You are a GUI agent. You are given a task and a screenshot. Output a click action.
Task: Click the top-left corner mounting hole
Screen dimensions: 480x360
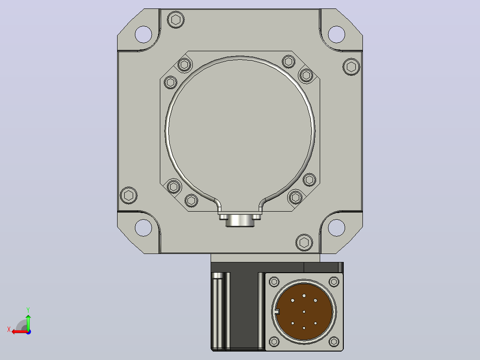click(x=143, y=34)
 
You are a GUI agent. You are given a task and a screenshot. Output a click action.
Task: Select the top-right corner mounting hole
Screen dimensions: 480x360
click(x=337, y=34)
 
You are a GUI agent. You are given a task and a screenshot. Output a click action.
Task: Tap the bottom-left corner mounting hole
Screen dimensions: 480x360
click(x=143, y=228)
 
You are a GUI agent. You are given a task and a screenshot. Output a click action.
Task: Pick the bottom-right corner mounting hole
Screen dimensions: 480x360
click(x=337, y=228)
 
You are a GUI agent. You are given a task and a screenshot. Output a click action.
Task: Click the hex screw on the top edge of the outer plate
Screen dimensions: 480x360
click(x=176, y=20)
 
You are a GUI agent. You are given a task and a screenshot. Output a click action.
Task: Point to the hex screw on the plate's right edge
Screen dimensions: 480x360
click(x=351, y=66)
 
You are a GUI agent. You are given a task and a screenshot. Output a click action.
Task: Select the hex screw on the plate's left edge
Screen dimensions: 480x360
click(x=129, y=195)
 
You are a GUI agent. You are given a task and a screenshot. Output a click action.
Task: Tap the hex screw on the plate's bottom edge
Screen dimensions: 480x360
click(x=304, y=242)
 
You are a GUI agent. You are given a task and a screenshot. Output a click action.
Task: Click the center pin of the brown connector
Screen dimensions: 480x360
click(x=304, y=312)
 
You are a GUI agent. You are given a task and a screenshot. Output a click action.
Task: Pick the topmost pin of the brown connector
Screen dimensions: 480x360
click(x=304, y=296)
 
